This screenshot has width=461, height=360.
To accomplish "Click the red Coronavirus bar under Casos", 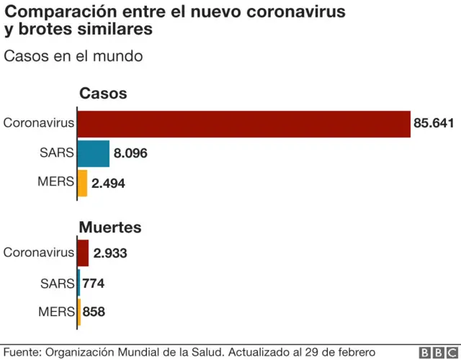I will pyautogui.click(x=243, y=123).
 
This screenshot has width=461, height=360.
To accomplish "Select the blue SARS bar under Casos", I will pyautogui.click(x=94, y=153).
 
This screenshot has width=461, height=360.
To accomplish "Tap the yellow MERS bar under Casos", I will pyautogui.click(x=83, y=183).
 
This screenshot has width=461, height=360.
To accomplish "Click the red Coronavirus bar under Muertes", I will pyautogui.click(x=83, y=253).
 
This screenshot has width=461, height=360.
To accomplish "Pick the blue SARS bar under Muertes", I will pyautogui.click(x=79, y=283).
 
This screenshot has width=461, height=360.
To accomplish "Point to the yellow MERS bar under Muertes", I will pyautogui.click(x=79, y=312).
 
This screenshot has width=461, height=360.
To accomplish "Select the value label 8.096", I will pyautogui.click(x=133, y=153).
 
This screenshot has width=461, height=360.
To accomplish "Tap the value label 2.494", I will pyautogui.click(x=109, y=183).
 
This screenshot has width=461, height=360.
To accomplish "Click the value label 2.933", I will pyautogui.click(x=110, y=253).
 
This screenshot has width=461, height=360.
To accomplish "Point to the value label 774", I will pyautogui.click(x=94, y=284).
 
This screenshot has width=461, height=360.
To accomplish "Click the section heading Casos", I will pyautogui.click(x=102, y=94).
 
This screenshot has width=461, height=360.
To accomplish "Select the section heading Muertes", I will pyautogui.click(x=109, y=228).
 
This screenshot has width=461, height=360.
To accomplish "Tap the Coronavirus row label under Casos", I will pyautogui.click(x=38, y=122).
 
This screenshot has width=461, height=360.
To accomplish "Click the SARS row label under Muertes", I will pyautogui.click(x=58, y=283).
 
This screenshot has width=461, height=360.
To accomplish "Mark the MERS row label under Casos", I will pyautogui.click(x=56, y=182).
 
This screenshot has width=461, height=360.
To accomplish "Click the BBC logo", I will pyautogui.click(x=435, y=352).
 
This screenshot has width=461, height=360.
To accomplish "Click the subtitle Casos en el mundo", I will pyautogui.click(x=73, y=56).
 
